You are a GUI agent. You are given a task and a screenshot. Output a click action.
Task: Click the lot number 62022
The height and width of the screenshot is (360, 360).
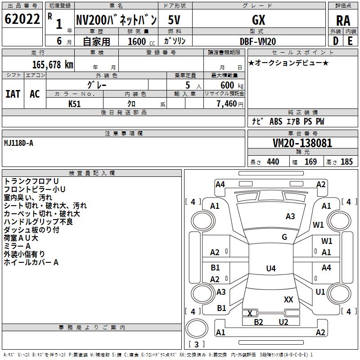22,20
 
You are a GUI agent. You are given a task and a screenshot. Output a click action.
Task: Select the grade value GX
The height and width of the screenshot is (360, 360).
259,20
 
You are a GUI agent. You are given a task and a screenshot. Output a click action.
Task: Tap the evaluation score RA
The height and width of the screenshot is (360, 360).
343,21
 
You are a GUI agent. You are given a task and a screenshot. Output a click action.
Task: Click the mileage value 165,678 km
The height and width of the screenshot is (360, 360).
53,64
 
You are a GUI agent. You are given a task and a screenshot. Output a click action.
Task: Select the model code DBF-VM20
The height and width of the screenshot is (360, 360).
258,41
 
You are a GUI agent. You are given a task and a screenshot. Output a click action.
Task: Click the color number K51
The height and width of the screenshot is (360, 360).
75,104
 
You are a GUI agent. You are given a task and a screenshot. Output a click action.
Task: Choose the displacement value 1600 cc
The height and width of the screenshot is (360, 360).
139,41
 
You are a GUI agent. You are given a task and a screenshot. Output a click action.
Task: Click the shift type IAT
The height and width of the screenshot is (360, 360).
13,94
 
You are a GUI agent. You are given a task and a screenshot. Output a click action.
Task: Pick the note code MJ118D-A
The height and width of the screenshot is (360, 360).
18,143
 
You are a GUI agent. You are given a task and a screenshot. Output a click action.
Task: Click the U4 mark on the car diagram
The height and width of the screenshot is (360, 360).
270,269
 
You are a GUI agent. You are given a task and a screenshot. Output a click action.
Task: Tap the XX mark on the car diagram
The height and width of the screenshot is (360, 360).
288,299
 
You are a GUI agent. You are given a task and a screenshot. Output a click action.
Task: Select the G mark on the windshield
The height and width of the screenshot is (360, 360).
284,237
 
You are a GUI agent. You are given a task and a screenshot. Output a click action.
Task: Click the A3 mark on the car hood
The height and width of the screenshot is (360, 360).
290,216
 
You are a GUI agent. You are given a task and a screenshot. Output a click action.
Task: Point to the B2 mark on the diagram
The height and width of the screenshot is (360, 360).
258,322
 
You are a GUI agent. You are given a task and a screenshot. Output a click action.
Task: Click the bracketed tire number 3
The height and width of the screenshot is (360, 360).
197,344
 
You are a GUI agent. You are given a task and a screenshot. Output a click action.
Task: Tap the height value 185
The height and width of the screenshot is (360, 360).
346,162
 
